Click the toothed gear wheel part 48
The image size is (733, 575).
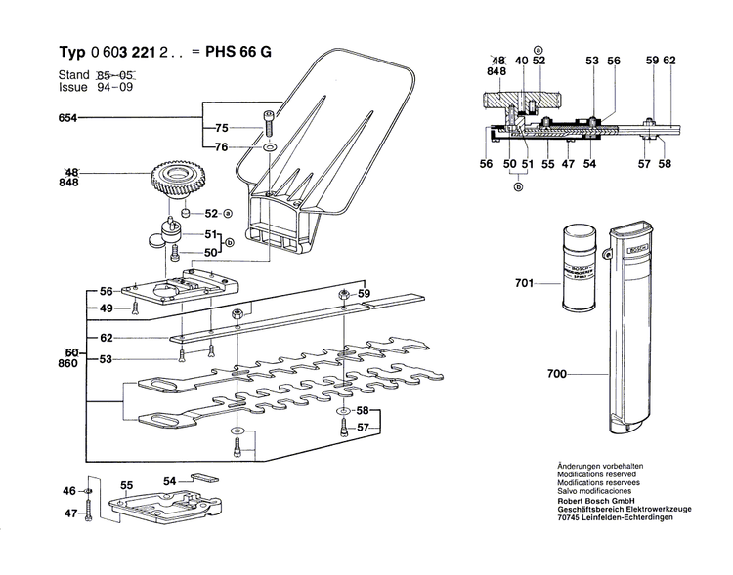point(177,182)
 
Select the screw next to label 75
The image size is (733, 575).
point(266,125)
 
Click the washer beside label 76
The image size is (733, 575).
point(267,147)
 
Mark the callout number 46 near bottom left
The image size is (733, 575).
point(68,490)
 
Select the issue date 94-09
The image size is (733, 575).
point(115,87)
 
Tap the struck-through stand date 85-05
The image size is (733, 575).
point(115,74)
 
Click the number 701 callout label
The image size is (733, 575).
point(525,284)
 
